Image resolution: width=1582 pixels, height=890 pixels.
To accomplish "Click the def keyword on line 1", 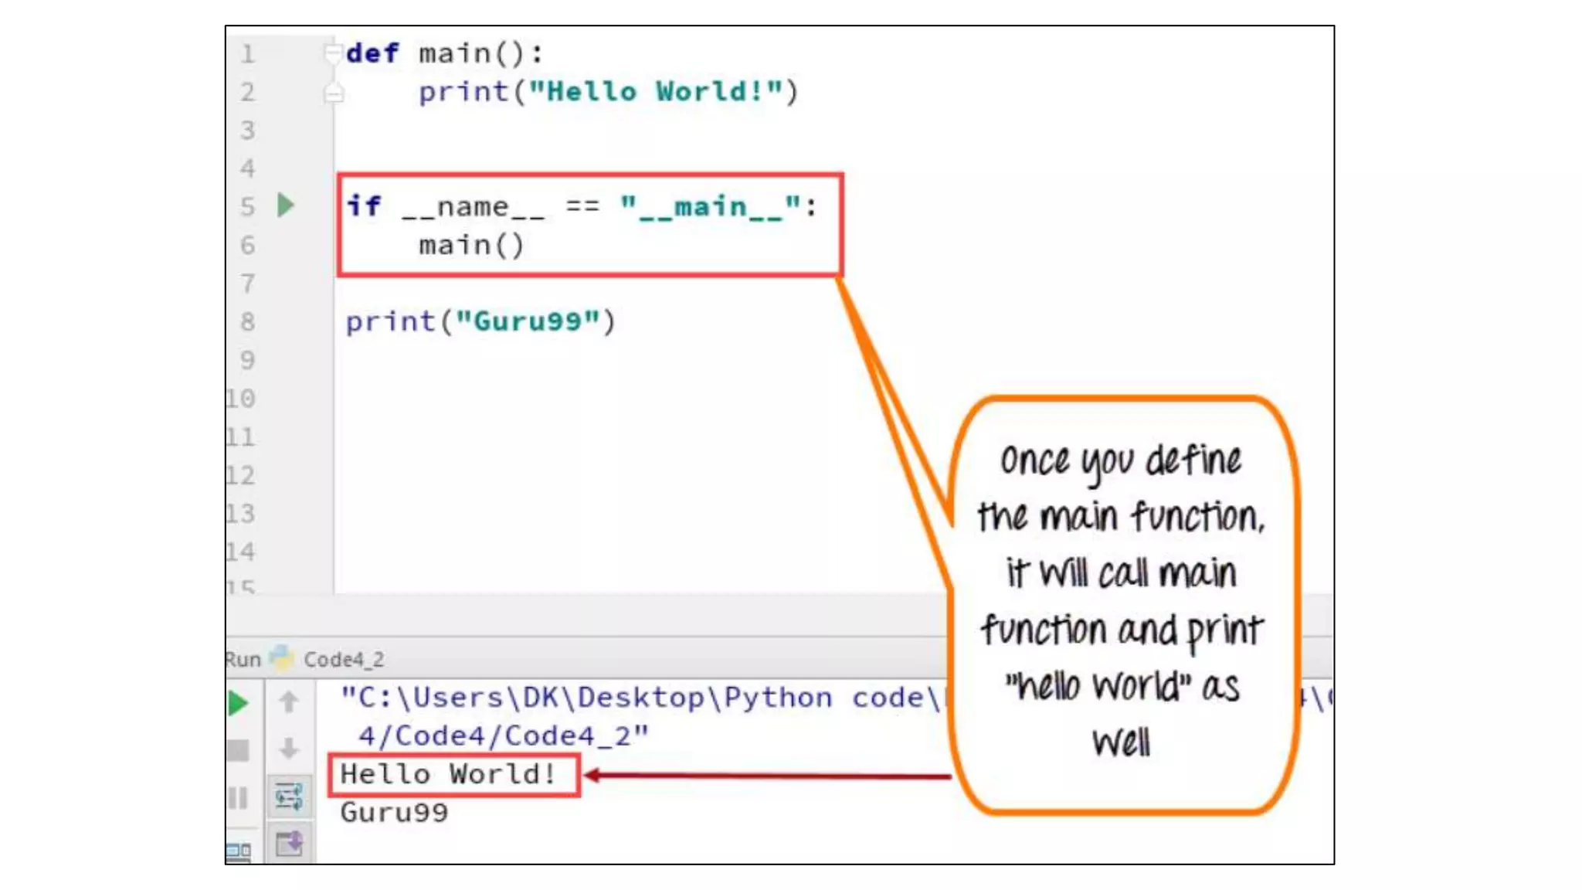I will point(372,53).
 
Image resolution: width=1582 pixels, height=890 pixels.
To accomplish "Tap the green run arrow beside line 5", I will point(286,206).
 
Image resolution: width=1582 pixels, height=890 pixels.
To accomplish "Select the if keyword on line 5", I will point(363,206).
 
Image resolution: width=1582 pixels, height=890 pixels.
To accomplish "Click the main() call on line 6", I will point(470,246).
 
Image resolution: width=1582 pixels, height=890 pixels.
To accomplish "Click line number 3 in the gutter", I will point(247,130).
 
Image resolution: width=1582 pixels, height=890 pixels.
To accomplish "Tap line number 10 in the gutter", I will point(241,399).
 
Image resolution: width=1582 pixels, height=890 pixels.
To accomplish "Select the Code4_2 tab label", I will point(343,660).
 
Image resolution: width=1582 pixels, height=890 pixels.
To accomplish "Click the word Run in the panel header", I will point(243,660).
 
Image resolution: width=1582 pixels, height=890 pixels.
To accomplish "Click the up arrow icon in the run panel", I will point(289,701).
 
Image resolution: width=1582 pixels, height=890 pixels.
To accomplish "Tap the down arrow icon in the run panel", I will point(289,748).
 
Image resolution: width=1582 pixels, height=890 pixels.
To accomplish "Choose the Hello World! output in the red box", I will point(448,774).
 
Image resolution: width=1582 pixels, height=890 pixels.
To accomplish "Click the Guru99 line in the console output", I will point(394,813).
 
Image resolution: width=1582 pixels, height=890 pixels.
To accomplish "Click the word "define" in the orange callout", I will point(1193,461).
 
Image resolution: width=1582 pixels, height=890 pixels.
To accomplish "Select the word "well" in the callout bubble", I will point(1121,743).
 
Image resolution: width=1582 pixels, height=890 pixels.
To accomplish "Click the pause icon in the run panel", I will point(238,797).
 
